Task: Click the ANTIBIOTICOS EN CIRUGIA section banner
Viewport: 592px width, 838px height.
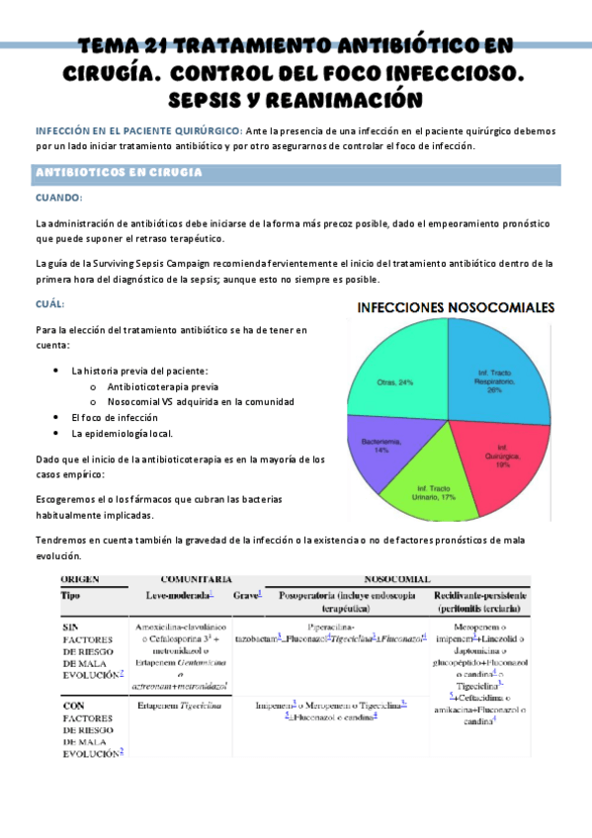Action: (119, 173)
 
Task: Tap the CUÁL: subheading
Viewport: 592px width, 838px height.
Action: (49, 303)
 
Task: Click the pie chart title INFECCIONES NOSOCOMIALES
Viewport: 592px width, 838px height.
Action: (455, 307)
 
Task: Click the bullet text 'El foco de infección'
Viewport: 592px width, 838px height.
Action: (115, 417)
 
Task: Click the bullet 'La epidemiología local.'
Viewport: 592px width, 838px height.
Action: (123, 433)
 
